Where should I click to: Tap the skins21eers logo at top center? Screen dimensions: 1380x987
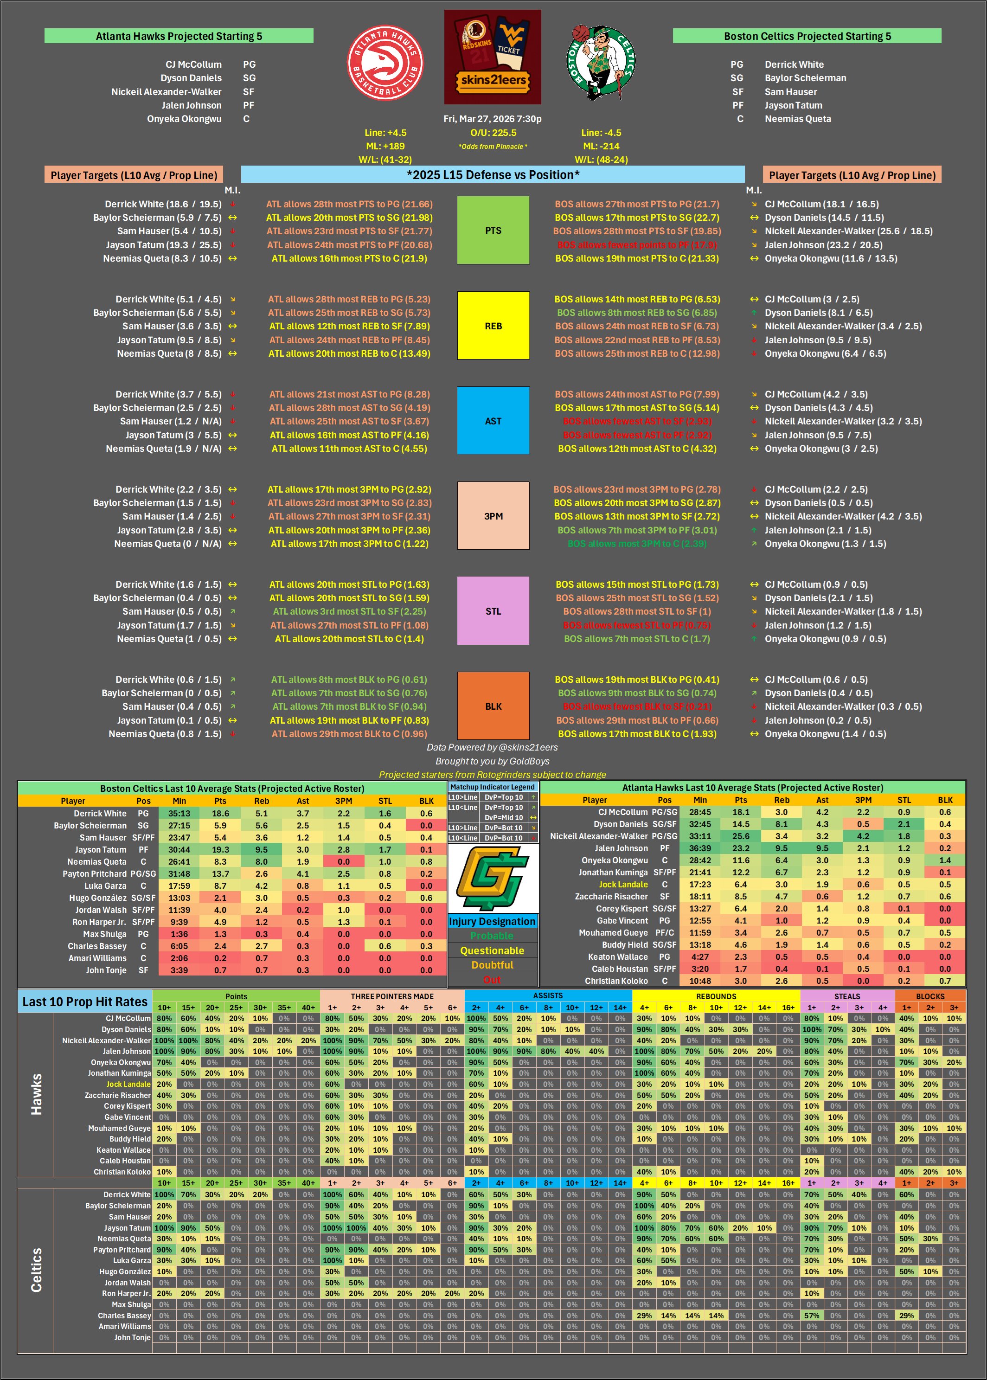click(x=492, y=57)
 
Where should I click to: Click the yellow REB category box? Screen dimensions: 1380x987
click(x=493, y=326)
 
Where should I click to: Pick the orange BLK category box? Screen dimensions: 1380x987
click(x=493, y=706)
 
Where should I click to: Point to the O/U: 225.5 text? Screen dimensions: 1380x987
click(x=493, y=133)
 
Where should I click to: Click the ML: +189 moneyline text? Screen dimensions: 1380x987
click(x=385, y=146)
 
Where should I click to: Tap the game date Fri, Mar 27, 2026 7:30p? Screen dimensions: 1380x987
click(x=492, y=119)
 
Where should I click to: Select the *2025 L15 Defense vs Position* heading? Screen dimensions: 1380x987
click(x=493, y=175)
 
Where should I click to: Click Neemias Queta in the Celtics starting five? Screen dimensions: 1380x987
click(x=797, y=119)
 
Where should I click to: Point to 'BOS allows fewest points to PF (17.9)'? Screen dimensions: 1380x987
click(x=637, y=245)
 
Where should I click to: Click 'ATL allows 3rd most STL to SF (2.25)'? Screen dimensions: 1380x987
click(x=349, y=611)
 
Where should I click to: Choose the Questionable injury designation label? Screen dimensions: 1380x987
click(x=492, y=950)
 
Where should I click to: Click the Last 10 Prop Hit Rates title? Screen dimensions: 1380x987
click(x=85, y=1001)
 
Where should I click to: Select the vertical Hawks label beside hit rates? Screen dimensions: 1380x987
click(x=37, y=1094)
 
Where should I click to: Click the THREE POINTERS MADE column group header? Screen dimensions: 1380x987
click(x=392, y=996)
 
